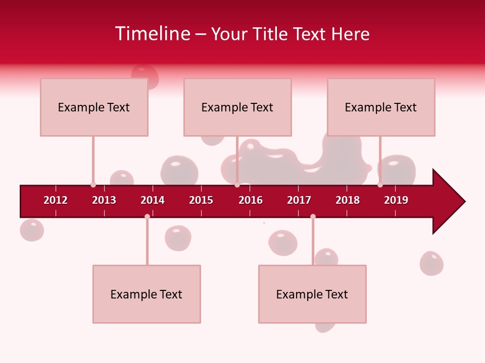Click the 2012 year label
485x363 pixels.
pyautogui.click(x=56, y=200)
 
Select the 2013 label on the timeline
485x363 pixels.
pyautogui.click(x=104, y=200)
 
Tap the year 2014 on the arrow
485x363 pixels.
pyautogui.click(x=153, y=200)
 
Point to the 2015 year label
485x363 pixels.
pyautogui.click(x=201, y=200)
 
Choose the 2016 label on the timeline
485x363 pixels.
pyautogui.click(x=251, y=200)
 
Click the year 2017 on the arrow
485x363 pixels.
pyautogui.click(x=299, y=200)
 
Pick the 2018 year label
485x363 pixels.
pyautogui.click(x=348, y=200)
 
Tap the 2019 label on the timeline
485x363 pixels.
pyautogui.click(x=396, y=200)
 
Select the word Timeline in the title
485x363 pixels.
pyautogui.click(x=152, y=34)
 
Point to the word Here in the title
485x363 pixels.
pyautogui.click(x=350, y=34)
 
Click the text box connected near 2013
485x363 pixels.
pyautogui.click(x=94, y=107)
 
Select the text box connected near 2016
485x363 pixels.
pyautogui.click(x=237, y=107)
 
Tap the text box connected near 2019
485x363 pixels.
pyautogui.click(x=381, y=107)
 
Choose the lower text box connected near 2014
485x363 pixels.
pyautogui.click(x=147, y=294)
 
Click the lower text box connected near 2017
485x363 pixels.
pyautogui.click(x=312, y=294)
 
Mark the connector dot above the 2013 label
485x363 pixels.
pyautogui.click(x=93, y=185)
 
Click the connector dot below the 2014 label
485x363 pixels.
pyautogui.click(x=147, y=216)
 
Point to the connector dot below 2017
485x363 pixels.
pyautogui.click(x=313, y=216)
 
